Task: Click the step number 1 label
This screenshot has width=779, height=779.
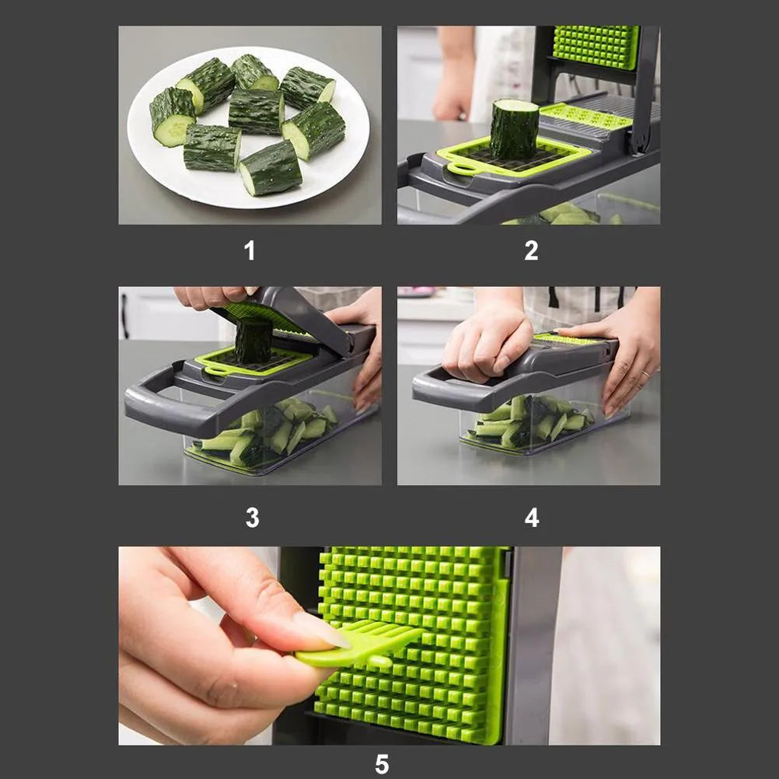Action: coord(250,250)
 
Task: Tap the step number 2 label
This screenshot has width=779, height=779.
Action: coord(531,250)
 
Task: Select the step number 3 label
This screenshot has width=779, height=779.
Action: coord(253,517)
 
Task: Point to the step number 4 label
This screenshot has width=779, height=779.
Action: coord(532,517)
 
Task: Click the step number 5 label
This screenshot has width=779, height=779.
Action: coord(382,764)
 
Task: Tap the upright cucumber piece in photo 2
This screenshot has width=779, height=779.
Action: coord(515,129)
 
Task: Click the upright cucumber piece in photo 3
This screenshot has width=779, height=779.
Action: coord(253,340)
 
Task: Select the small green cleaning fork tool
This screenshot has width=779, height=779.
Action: coord(358,645)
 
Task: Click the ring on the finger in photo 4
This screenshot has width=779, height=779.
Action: coord(645,374)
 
